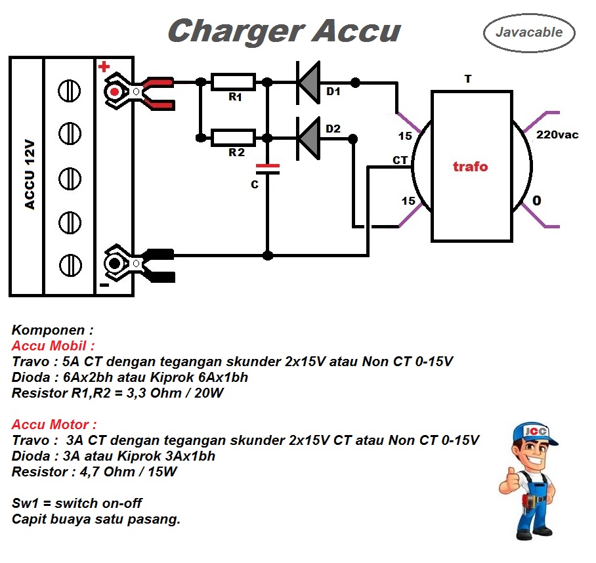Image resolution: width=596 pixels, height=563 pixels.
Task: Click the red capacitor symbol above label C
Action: click(267, 169)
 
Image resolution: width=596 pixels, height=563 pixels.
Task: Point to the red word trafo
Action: click(471, 167)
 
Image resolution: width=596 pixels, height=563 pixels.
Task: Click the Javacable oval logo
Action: click(528, 32)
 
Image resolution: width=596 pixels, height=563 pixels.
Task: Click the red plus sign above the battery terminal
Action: click(104, 67)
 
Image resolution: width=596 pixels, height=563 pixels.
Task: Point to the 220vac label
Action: click(557, 135)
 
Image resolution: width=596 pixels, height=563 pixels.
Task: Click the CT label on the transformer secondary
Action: click(400, 160)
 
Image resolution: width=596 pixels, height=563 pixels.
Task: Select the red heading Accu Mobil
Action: click(53, 345)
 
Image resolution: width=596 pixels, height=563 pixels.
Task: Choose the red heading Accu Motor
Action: click(54, 425)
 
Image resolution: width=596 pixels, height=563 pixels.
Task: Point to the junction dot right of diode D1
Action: click(355, 82)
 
